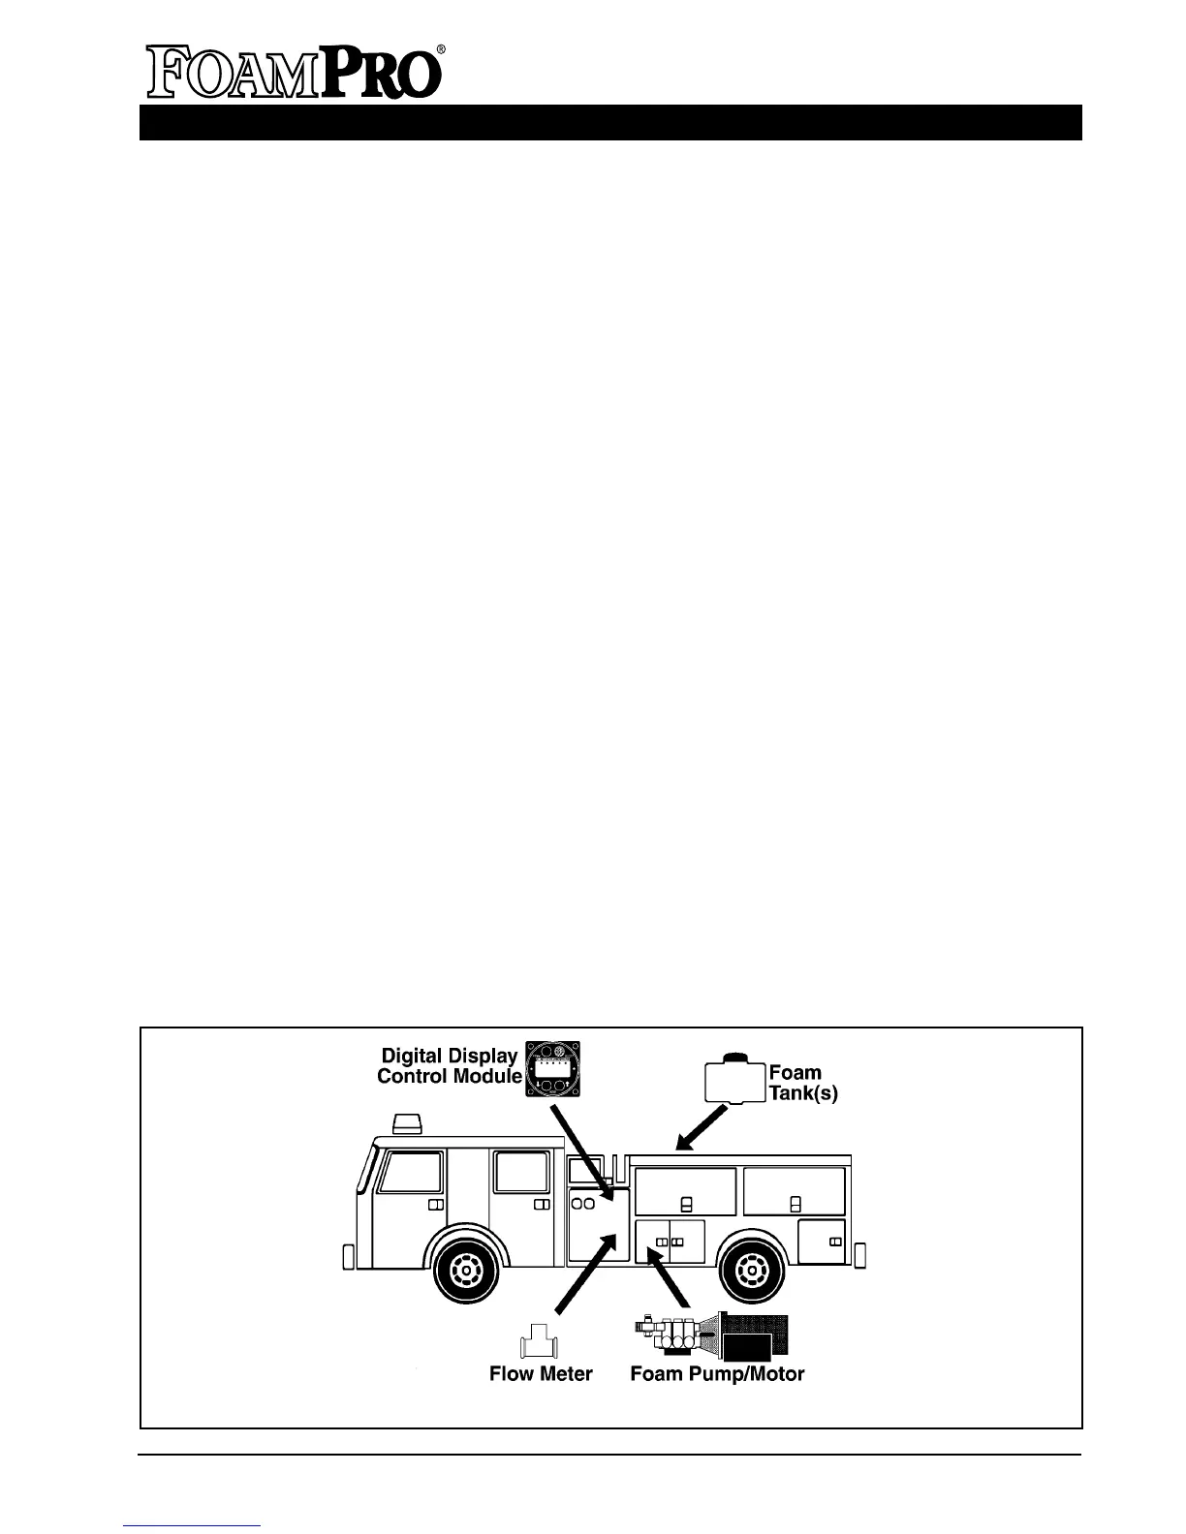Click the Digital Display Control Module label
pos(448,1065)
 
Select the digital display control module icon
pos(555,1069)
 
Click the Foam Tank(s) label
pos(801,1083)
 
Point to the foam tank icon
pos(734,1079)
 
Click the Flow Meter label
pos(541,1373)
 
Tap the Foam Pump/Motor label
pos(717,1373)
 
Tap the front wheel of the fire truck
pos(467,1268)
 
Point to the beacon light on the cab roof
pos(407,1123)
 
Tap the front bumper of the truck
pos(347,1257)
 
